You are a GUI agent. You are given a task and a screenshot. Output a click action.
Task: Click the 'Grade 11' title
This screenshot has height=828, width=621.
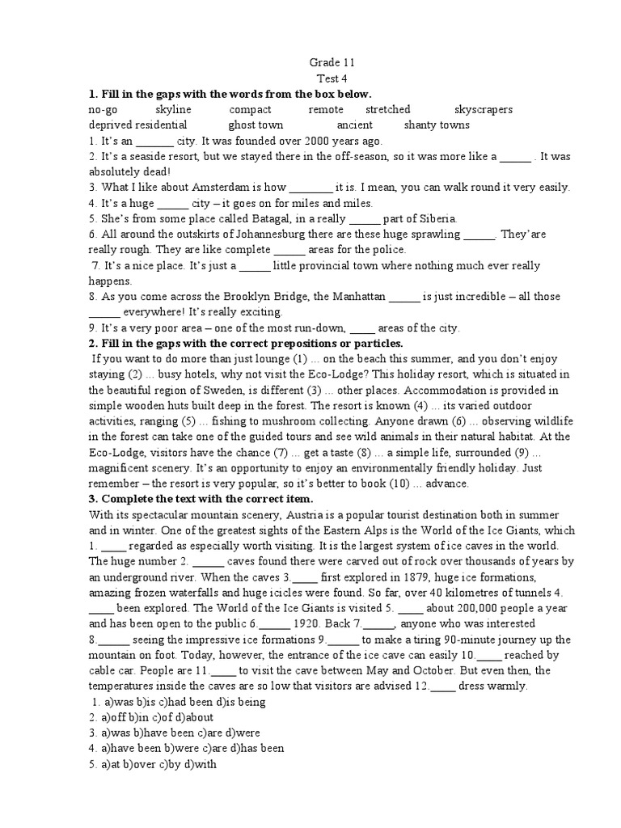[x=332, y=62]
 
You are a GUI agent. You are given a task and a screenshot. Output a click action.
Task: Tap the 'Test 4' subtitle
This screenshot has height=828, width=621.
[x=332, y=78]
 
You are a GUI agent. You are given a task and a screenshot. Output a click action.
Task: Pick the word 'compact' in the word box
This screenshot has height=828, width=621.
[x=250, y=109]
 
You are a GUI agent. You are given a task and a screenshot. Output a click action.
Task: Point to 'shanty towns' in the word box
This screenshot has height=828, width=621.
[x=436, y=125]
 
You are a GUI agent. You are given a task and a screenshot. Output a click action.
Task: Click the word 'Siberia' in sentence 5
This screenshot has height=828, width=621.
[x=437, y=219]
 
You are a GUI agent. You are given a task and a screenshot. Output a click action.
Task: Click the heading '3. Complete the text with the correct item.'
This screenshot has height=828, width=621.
[x=201, y=500]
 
